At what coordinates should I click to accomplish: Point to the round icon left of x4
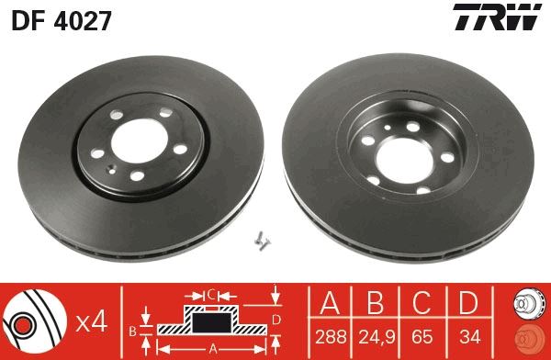tap(35, 321)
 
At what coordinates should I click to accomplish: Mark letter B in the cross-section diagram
tap(135, 329)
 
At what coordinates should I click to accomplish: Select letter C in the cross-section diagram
tap(210, 295)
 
